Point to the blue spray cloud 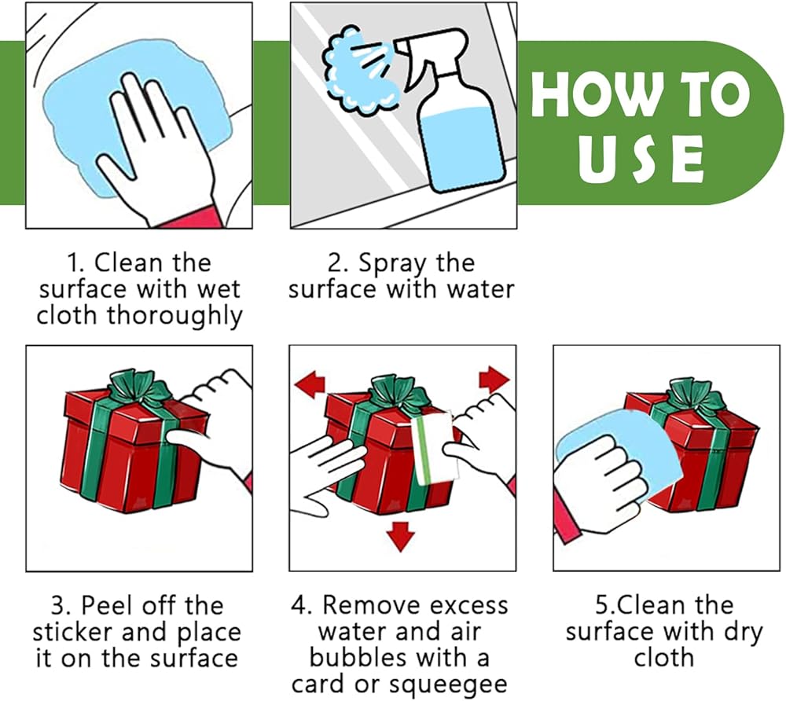(x=359, y=70)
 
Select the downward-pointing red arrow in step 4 (x=401, y=536)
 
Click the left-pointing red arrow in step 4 (x=310, y=384)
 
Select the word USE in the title (x=641, y=159)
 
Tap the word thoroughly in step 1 (x=175, y=317)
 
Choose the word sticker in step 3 (x=73, y=633)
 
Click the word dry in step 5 (x=743, y=633)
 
